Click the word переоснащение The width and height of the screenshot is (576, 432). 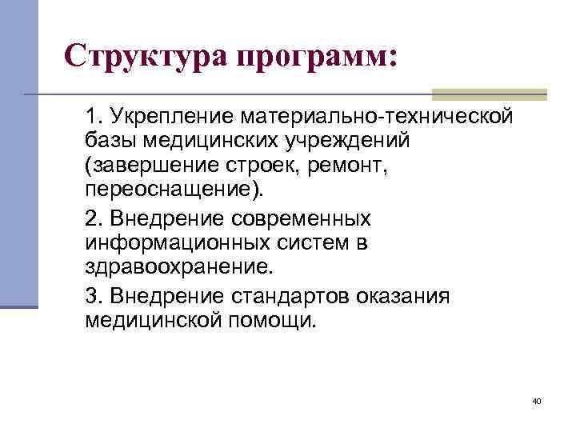175,192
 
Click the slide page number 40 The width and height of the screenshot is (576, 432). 536,400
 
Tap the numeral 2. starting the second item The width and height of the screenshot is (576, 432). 93,219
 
